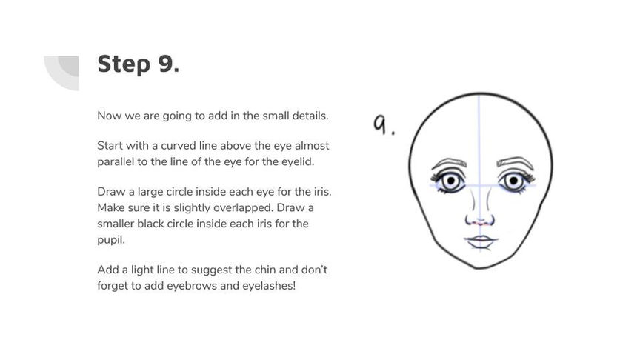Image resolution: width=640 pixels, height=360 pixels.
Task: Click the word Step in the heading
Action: [x=124, y=64]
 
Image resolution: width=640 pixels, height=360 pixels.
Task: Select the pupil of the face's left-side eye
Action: [x=450, y=181]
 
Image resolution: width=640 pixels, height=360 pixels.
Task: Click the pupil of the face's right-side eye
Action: [x=513, y=180]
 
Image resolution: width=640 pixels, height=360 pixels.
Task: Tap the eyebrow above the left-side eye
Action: [x=449, y=163]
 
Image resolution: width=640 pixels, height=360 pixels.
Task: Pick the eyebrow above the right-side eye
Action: [x=515, y=162]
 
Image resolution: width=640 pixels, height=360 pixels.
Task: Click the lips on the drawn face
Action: [x=481, y=241]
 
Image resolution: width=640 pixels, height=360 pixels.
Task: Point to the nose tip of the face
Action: [x=480, y=221]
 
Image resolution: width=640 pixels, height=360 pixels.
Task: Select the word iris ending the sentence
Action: [x=322, y=191]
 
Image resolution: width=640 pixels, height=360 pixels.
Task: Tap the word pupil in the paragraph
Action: [x=110, y=240]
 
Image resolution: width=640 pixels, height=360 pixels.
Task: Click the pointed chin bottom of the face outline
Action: [x=478, y=268]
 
